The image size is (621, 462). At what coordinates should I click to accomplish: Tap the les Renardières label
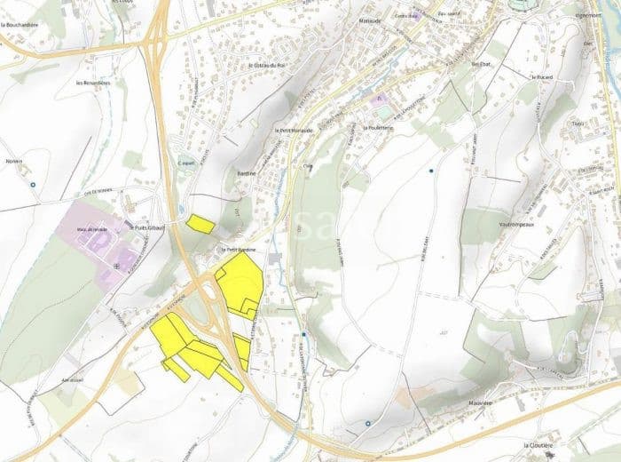coord(93,83)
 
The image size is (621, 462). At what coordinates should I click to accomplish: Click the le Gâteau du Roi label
coord(267,65)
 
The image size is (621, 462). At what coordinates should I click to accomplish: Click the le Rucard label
coord(542,76)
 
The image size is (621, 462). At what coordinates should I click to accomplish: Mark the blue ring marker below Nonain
coord(33,185)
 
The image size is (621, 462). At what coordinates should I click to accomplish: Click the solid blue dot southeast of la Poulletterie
coord(431,170)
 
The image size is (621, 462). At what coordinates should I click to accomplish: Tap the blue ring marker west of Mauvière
coord(367,424)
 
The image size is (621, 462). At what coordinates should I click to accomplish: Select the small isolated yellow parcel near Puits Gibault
coord(200,222)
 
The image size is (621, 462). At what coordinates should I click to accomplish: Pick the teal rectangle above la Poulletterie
coord(381,113)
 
